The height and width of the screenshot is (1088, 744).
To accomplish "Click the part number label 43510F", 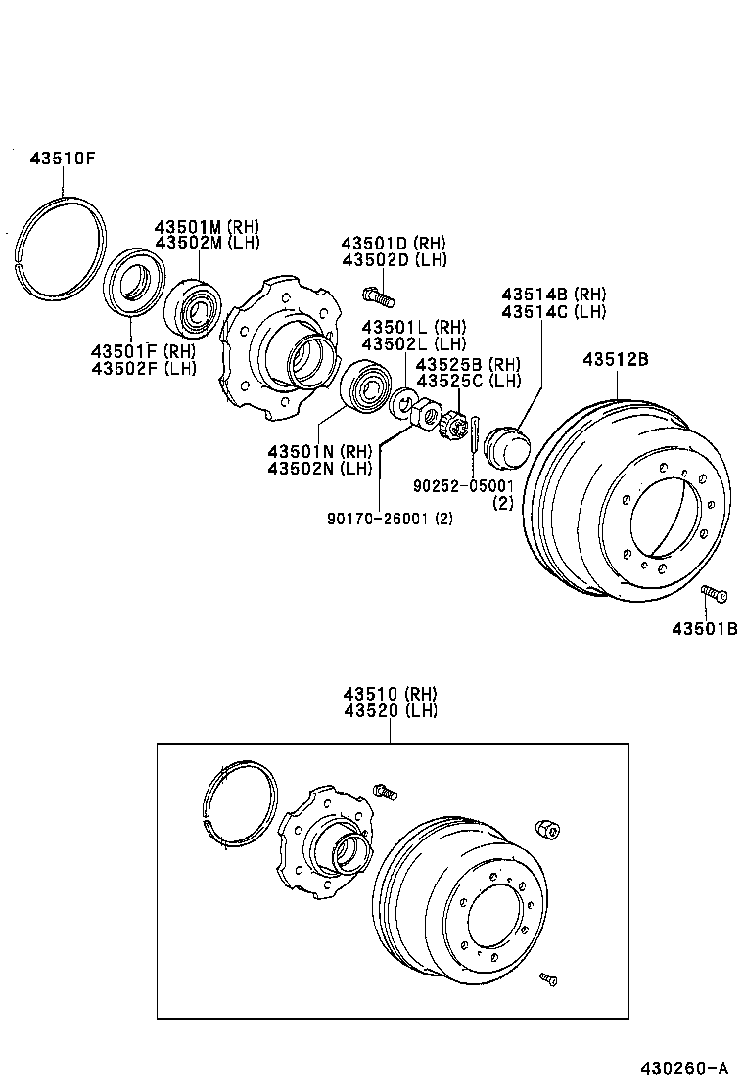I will [62, 158].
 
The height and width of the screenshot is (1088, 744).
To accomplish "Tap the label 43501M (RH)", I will [206, 226].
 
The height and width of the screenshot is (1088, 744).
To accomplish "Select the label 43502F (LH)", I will [144, 368].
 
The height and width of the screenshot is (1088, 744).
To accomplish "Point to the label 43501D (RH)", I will [394, 243].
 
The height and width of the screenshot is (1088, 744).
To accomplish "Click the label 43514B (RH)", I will [554, 295].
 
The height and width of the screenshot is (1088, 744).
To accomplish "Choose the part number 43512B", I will [616, 359].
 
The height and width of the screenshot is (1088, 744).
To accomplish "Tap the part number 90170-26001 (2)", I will [390, 519].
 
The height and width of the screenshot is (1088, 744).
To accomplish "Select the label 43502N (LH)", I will [320, 468].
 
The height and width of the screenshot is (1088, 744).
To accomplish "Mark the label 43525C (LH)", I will [469, 381].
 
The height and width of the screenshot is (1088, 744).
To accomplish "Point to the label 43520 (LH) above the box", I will [391, 710].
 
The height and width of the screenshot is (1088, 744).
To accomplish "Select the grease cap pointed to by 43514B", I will [506, 448].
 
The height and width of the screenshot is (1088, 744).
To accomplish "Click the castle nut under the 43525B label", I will [453, 428].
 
